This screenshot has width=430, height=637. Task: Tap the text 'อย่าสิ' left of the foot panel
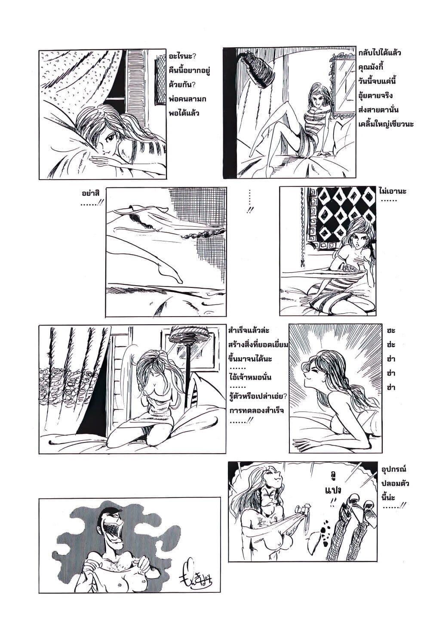click(89, 192)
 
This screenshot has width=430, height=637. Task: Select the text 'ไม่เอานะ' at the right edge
click(393, 190)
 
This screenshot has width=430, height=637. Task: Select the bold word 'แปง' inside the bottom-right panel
click(330, 489)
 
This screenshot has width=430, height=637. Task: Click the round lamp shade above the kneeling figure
click(187, 334)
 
